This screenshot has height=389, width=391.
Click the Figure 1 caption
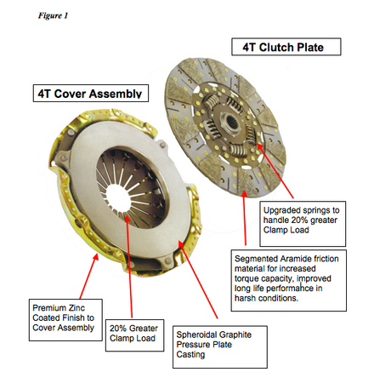point(53,15)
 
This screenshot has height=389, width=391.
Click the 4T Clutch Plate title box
point(286,47)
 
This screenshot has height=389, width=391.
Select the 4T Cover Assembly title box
point(91,93)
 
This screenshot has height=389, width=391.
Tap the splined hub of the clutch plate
point(229,122)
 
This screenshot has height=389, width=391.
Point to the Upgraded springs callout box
point(303,224)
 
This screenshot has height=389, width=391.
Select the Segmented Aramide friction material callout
point(289,280)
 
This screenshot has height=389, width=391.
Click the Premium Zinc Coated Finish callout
point(65,320)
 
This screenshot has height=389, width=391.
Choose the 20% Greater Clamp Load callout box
point(134,335)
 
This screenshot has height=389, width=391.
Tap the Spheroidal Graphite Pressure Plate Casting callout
point(220,346)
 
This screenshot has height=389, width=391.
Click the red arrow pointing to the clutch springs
point(275,171)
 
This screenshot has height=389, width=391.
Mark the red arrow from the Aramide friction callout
point(244,217)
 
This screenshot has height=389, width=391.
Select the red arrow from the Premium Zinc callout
point(89,276)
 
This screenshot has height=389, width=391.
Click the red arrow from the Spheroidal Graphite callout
point(198,279)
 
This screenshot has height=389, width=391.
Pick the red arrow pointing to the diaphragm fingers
point(129,266)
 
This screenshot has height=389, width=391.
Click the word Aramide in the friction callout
point(294,259)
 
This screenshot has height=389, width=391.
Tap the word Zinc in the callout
point(76,308)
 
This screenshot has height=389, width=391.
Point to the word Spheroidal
point(195,335)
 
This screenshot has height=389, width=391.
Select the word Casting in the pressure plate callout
point(190,355)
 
